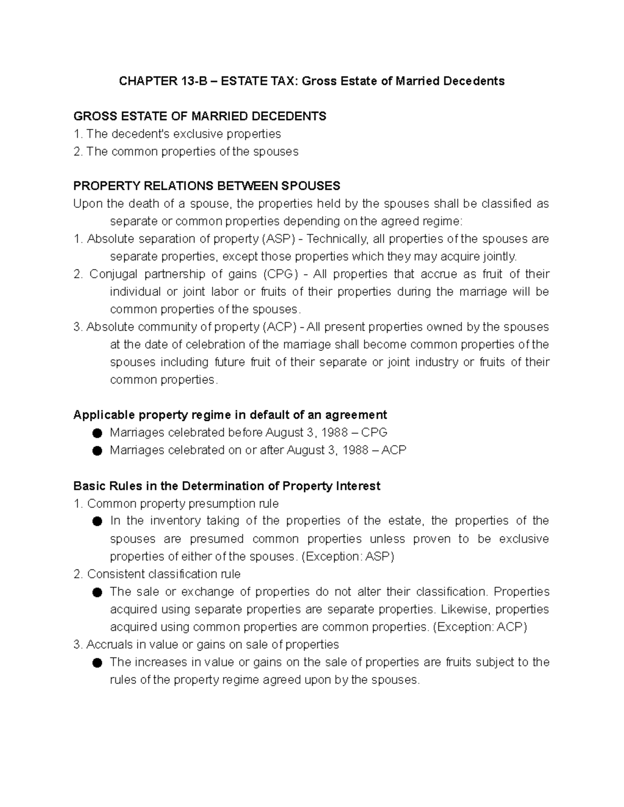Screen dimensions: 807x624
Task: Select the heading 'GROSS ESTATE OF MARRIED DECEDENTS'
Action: pos(200,116)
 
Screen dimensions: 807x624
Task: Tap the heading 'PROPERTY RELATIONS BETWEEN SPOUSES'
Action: pos(206,186)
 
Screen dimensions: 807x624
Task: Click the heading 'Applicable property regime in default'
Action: pos(230,415)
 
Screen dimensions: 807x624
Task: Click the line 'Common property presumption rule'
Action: pos(183,504)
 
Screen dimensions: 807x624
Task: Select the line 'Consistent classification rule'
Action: pos(164,574)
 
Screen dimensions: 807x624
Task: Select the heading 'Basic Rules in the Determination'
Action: pos(227,486)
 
